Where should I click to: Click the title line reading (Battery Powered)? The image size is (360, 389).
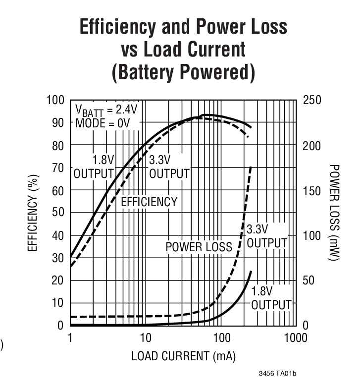click(x=183, y=72)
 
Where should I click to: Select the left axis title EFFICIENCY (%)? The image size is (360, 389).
click(x=33, y=213)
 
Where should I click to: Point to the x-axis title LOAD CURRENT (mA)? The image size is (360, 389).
click(x=183, y=356)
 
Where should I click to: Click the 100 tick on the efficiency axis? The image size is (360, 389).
click(x=55, y=101)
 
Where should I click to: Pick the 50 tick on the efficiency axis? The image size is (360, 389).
click(x=58, y=213)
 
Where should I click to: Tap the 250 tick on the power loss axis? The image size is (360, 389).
click(x=312, y=101)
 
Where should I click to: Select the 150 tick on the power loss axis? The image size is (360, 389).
click(x=312, y=191)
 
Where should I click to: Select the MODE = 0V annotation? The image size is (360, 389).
click(x=102, y=123)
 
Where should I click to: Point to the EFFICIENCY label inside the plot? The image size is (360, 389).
click(x=149, y=202)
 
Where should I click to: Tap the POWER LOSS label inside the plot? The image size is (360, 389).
click(x=199, y=247)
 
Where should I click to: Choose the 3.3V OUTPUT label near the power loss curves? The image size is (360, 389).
click(x=266, y=236)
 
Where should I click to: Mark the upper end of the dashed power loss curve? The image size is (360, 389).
click(x=251, y=167)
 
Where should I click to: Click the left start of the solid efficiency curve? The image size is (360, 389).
click(x=71, y=257)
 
